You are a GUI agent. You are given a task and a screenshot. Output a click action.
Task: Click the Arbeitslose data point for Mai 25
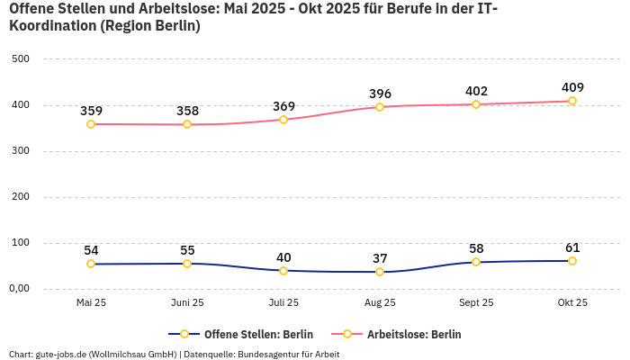pyautogui.click(x=91, y=124)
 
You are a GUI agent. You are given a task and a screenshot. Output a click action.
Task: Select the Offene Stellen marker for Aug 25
pyautogui.click(x=380, y=272)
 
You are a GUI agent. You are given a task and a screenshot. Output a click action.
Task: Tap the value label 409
pyautogui.click(x=572, y=87)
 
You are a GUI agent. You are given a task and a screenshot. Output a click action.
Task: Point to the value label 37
pyautogui.click(x=380, y=258)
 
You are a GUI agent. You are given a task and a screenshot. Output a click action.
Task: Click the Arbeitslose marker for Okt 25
pyautogui.click(x=572, y=101)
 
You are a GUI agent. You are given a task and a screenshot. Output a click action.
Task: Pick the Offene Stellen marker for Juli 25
pyautogui.click(x=283, y=271)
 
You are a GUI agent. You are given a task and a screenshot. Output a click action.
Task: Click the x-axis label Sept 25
pyautogui.click(x=476, y=303)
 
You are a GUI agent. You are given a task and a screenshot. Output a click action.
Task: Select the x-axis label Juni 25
pyautogui.click(x=187, y=303)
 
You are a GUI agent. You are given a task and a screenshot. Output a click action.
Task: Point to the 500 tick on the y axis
pyautogui.click(x=21, y=59)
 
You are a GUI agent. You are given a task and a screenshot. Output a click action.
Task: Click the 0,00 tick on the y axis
pyautogui.click(x=21, y=289)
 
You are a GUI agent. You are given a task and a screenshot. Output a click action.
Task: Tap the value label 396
pyautogui.click(x=380, y=94)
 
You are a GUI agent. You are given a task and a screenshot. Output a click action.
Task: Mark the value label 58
pyautogui.click(x=476, y=248)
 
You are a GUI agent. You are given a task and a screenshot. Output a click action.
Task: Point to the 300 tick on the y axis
pyautogui.click(x=21, y=151)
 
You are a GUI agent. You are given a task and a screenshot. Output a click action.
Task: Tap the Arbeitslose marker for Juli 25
pyautogui.click(x=283, y=120)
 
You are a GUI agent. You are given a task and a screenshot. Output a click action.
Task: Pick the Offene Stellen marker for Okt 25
pyautogui.click(x=572, y=261)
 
